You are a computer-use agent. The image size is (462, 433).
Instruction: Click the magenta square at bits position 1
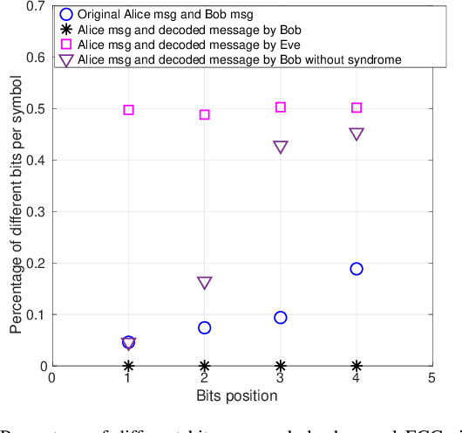[x=128, y=110]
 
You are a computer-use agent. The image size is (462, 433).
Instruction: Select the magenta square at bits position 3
[x=281, y=107]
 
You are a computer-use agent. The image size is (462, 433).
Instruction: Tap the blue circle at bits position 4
[x=357, y=269]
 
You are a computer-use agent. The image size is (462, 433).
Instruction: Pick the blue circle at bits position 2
[x=205, y=327]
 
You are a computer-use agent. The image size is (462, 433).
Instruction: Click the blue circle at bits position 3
[x=281, y=317]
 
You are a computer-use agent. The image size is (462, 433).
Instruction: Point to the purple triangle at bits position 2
[x=205, y=283]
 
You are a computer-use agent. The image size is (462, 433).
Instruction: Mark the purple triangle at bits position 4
[x=357, y=134]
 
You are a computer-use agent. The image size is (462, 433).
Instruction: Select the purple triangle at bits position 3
[x=281, y=148]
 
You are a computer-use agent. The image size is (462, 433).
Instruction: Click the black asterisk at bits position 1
[x=128, y=366]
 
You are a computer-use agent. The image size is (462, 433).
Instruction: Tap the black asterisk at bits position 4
[x=357, y=366]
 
